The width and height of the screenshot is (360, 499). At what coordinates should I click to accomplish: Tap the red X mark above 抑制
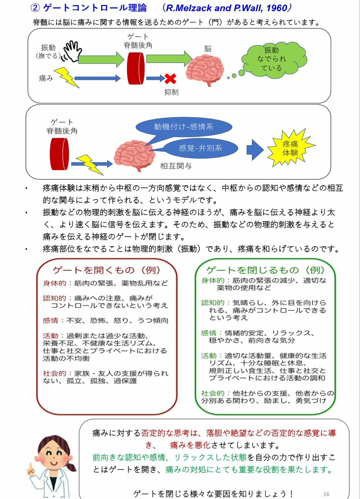click(171, 79)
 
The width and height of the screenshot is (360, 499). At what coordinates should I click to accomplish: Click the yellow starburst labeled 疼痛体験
click(290, 148)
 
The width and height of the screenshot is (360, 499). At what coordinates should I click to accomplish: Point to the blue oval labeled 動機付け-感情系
click(184, 127)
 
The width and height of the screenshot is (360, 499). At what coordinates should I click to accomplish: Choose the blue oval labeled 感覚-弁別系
click(200, 148)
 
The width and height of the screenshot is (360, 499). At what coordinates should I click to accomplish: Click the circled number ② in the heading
click(35, 8)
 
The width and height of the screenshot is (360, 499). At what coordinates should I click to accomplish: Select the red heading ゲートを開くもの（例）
click(107, 270)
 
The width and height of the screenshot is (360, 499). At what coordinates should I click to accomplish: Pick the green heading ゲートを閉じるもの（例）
click(265, 270)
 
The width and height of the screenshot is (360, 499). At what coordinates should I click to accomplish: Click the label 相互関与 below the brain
click(176, 166)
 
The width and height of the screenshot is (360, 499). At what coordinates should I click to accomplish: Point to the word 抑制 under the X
click(171, 92)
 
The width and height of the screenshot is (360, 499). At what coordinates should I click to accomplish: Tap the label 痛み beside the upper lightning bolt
click(46, 78)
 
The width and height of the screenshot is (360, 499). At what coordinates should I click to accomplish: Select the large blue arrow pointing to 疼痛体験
click(255, 150)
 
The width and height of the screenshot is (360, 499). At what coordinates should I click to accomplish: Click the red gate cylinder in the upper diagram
click(136, 68)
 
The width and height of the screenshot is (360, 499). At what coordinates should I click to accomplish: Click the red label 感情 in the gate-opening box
click(50, 321)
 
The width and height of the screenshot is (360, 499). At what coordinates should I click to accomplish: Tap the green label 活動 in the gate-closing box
click(209, 356)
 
